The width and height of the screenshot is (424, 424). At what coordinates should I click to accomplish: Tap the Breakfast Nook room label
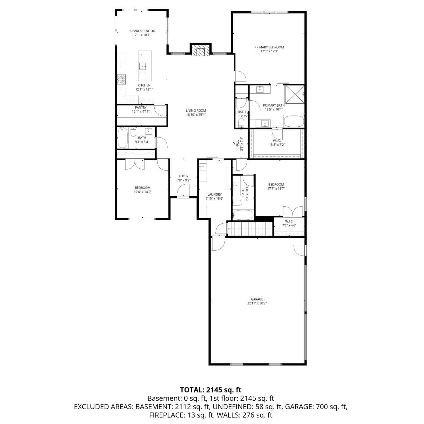(x=142, y=31)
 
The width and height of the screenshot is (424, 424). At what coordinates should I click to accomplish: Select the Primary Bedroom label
(x=269, y=47)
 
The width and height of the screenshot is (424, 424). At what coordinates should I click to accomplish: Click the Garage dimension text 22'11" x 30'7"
(x=257, y=303)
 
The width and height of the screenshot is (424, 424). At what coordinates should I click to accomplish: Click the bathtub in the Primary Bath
(x=294, y=121)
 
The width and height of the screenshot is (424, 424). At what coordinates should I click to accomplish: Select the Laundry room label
(x=215, y=194)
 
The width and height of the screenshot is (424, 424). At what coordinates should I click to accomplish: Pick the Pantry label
(x=141, y=107)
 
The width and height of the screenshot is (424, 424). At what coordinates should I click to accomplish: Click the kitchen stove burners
(x=122, y=79)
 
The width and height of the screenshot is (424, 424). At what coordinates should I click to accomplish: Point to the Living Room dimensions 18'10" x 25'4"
(x=196, y=115)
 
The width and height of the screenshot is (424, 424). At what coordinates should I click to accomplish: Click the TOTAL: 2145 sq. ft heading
(x=211, y=390)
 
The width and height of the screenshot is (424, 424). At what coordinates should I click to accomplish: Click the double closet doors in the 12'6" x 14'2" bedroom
(x=135, y=165)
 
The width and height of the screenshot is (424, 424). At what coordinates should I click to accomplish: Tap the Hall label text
(x=237, y=144)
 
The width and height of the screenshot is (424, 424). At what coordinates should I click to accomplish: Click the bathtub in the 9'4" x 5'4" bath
(x=123, y=138)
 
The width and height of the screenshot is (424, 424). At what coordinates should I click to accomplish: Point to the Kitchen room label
(x=144, y=85)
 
